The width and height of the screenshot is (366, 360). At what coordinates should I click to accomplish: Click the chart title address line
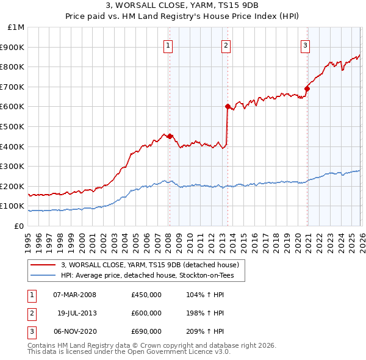tap(183, 6)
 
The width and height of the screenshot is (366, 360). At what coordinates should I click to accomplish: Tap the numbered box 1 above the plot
tap(168, 45)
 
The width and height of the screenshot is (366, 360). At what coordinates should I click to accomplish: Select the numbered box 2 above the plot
tap(226, 45)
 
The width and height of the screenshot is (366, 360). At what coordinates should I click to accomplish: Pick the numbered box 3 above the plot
tap(305, 45)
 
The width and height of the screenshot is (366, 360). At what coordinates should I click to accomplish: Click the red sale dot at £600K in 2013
tap(228, 106)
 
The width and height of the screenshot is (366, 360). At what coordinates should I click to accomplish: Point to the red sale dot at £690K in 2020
tap(307, 88)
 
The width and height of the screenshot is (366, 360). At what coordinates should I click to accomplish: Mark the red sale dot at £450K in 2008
tap(170, 136)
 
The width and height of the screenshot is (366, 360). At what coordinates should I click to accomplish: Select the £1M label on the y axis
tap(16, 27)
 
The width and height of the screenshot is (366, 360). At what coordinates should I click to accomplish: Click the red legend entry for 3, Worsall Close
tap(153, 265)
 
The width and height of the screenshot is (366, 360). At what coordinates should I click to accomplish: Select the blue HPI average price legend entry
tap(152, 276)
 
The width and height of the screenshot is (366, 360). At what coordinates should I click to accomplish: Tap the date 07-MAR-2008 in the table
tap(75, 295)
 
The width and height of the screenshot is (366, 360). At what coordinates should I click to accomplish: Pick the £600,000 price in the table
tap(146, 313)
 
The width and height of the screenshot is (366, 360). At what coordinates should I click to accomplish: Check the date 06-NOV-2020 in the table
tap(75, 331)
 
